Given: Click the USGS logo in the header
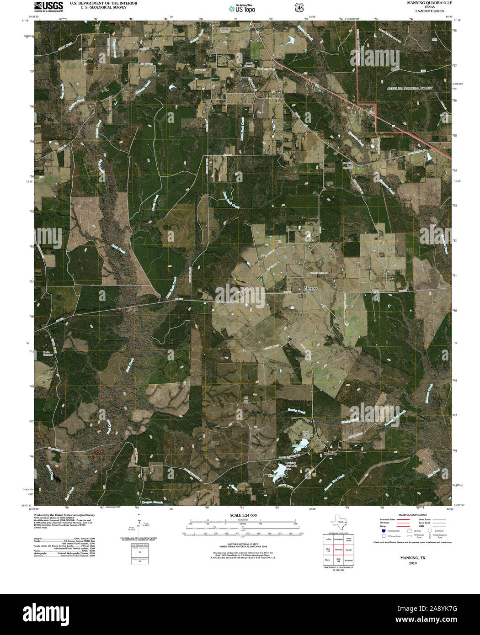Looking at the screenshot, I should click(x=48, y=6).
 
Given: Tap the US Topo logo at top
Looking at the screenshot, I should click(x=242, y=8).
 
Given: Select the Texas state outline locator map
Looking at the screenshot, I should click(x=339, y=522).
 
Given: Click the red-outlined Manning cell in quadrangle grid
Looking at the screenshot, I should click(x=339, y=550).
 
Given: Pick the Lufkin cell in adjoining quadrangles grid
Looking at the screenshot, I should click(x=328, y=540).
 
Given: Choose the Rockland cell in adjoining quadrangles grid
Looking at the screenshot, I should click(x=349, y=560).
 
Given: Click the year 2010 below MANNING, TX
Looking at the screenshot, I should click(x=412, y=563).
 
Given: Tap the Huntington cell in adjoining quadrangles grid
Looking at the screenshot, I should click(x=339, y=540).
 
